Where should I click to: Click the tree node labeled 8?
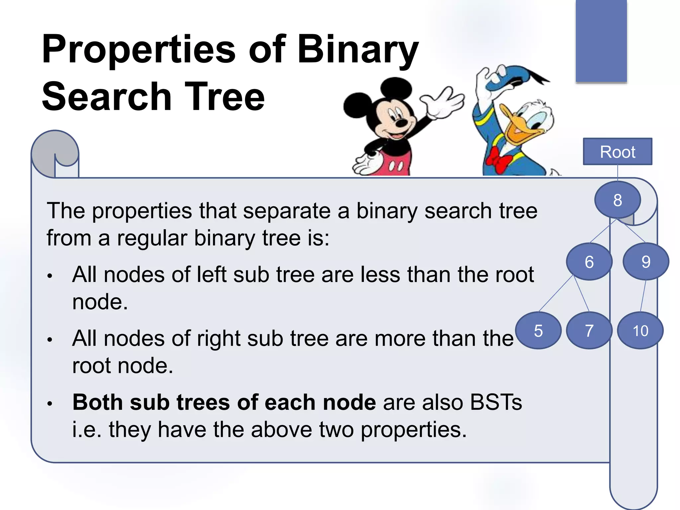point(617,200)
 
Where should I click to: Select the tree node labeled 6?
point(589,262)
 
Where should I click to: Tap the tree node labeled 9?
point(646,262)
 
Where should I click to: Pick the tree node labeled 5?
point(538,331)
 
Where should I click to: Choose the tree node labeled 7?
point(589,331)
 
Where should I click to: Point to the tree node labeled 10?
point(640,331)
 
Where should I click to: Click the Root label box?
point(618,152)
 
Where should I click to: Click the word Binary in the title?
point(358,50)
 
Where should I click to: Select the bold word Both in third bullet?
point(98,402)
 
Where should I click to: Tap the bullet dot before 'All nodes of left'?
point(50,276)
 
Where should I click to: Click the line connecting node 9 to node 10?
point(643,296)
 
